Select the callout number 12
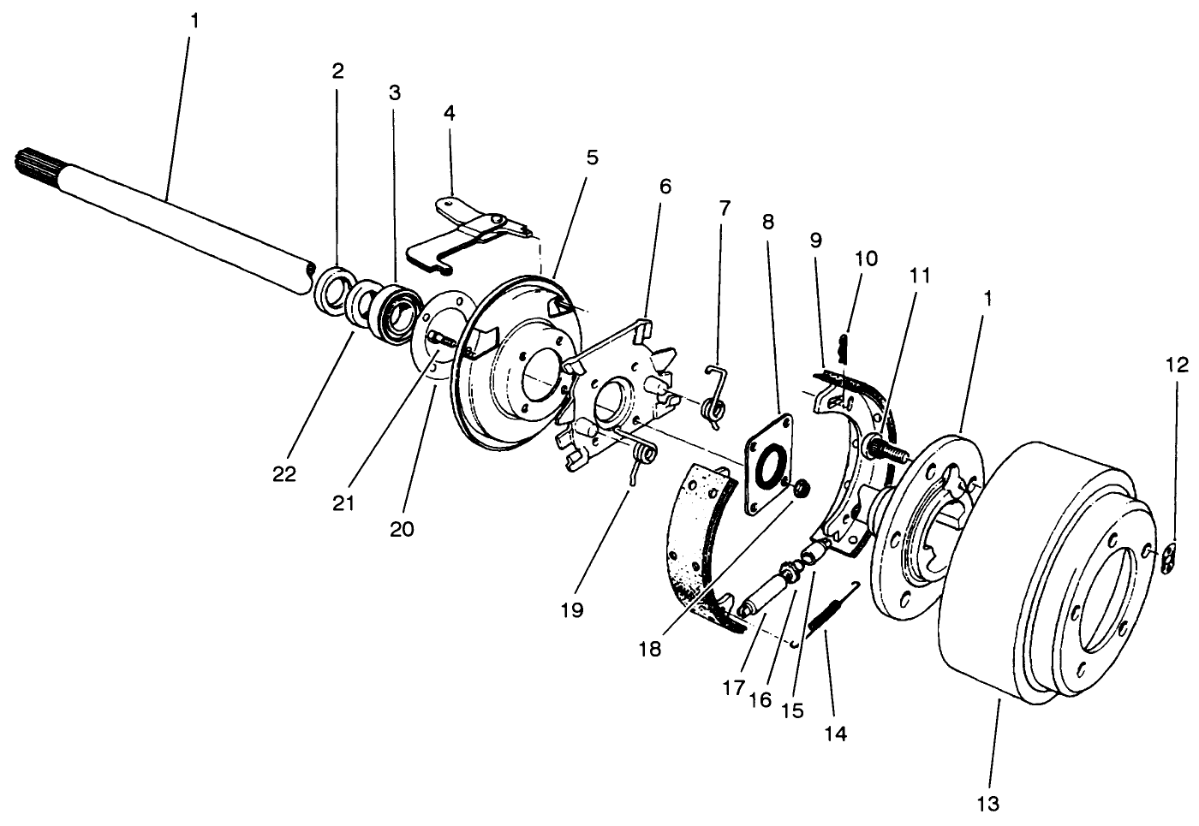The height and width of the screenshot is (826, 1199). [x=1177, y=365]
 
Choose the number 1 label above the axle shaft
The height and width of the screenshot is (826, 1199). [x=194, y=21]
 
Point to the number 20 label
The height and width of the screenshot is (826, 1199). [x=401, y=528]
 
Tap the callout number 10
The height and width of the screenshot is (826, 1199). [x=865, y=258]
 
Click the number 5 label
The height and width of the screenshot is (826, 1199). [x=592, y=157]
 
